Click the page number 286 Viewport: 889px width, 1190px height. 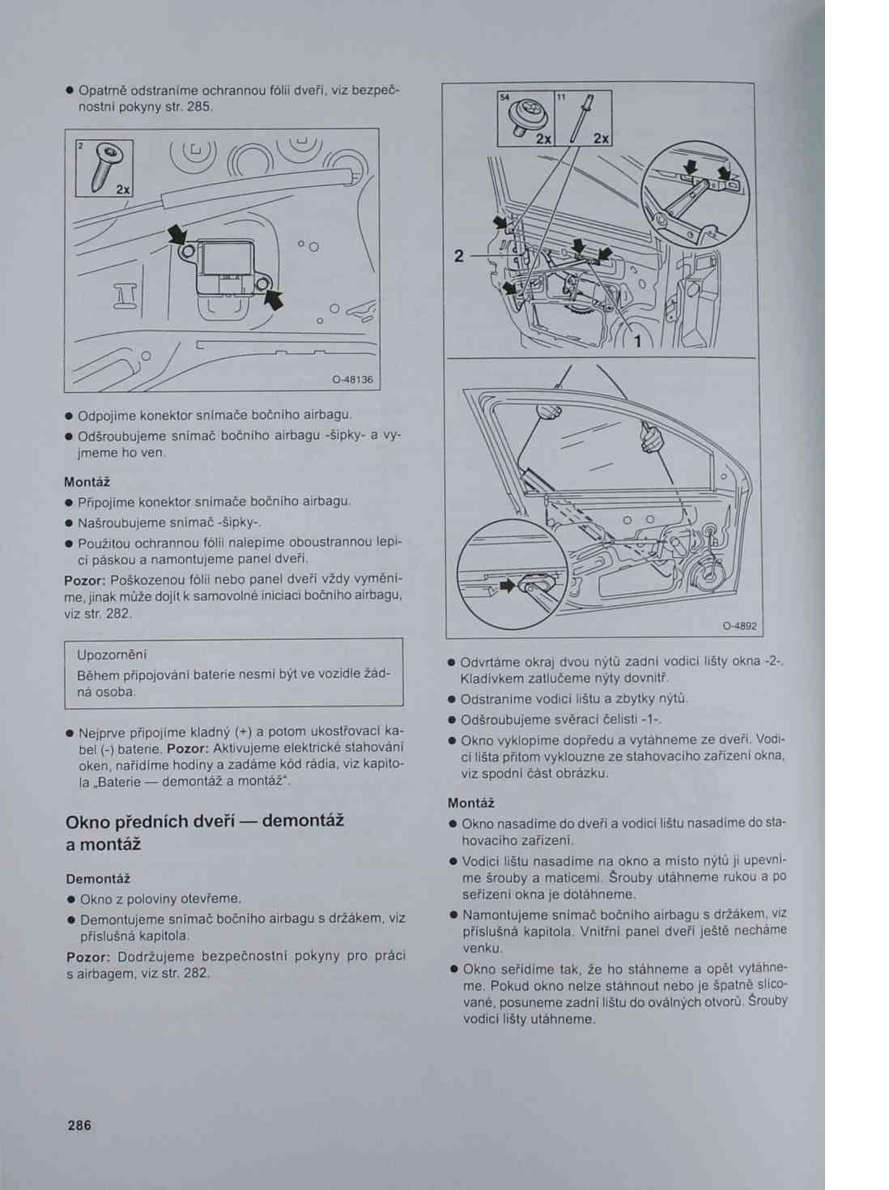tap(80, 1125)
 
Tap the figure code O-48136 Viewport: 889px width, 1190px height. tap(351, 379)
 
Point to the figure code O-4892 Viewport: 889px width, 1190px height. tap(739, 626)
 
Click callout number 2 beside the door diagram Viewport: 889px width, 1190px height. tap(459, 256)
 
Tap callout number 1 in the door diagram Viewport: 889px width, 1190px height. tap(637, 341)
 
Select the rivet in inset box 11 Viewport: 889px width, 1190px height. tap(581, 120)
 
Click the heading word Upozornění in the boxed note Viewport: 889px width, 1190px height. tap(112, 655)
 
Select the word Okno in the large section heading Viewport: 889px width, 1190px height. tap(87, 821)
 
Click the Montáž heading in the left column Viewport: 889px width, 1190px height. tap(87, 482)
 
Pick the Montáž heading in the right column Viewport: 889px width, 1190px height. tap(470, 804)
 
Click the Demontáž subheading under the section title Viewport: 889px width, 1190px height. tap(98, 879)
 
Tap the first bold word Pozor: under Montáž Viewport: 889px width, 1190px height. tap(85, 580)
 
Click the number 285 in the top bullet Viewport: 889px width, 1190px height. tap(199, 107)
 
